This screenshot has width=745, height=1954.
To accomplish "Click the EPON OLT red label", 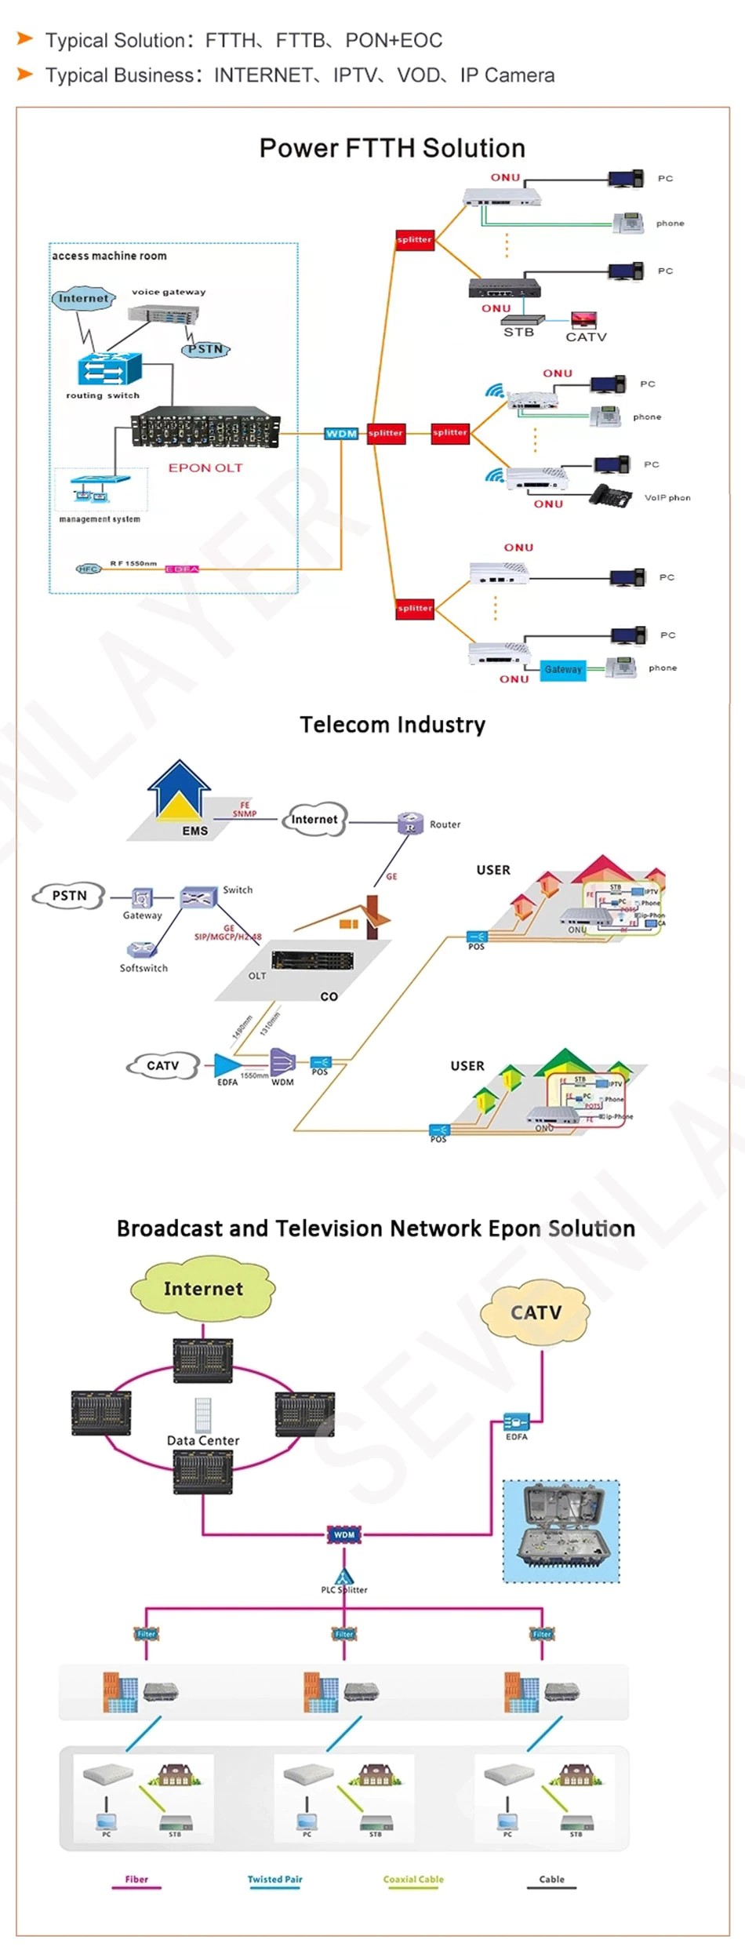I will pos(205,468).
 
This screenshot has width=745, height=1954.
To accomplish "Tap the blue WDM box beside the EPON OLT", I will pos(341,433).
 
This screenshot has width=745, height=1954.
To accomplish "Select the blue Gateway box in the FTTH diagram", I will pos(563,669).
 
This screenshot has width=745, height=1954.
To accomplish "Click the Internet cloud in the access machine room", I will pos(83,299).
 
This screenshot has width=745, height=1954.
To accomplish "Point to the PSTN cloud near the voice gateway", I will pos(205,349).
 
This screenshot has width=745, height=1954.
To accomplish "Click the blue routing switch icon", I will pos(109,368).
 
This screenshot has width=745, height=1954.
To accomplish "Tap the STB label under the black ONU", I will pos(518,333).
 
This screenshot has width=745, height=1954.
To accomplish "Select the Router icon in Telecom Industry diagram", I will pos(410,823).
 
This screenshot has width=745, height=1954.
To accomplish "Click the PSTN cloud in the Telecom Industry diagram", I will pos(69,896).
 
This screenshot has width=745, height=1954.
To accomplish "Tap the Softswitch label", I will pos(144,968).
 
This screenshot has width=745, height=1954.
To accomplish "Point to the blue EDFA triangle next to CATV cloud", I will pos(227,1064).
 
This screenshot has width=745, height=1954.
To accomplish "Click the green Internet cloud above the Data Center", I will pos(203,1289).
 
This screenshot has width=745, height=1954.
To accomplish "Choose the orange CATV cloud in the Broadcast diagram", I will pos(536,1312).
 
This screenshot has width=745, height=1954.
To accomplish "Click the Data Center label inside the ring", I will pos(203,1440).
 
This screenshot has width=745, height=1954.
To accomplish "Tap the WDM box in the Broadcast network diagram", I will pos(344,1534).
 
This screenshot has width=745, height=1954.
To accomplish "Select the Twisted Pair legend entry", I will pos(274,1879).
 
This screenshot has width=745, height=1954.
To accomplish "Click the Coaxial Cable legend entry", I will pos(413,1879).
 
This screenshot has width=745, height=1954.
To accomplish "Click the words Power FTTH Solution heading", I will pos(392,148).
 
